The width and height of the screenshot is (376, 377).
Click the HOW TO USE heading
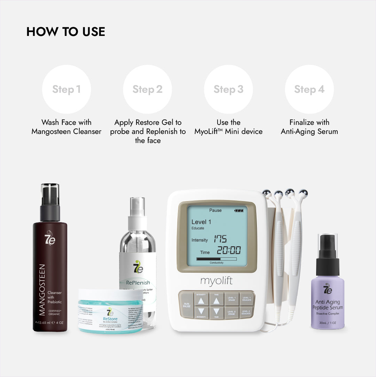tap(66, 32)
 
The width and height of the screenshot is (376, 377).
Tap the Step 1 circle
tap(66, 89)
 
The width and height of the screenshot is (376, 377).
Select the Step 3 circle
tap(228, 89)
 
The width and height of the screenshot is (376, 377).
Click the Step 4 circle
tap(309, 89)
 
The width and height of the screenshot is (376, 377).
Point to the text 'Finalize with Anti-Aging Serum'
tap(309, 127)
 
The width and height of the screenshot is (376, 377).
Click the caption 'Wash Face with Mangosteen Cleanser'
tap(66, 127)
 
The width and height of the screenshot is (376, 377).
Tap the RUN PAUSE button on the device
tap(187, 304)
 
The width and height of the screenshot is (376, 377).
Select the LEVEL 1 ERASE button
tap(232, 299)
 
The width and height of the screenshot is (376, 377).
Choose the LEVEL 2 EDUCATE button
tap(246, 312)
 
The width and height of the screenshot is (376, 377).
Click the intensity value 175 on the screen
tap(220, 239)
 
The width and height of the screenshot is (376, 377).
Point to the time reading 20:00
tap(229, 250)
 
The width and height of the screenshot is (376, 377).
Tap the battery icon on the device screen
tap(239, 211)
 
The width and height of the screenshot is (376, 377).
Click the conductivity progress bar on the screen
tap(216, 259)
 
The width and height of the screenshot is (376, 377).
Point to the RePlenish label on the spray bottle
tap(138, 282)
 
